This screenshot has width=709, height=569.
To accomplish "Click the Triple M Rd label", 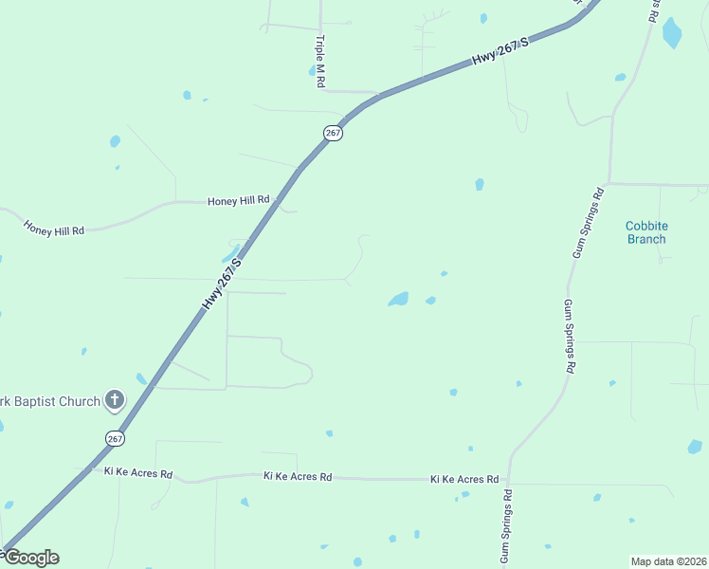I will pyautogui.click(x=320, y=63).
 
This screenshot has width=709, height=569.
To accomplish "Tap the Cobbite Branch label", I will pyautogui.click(x=646, y=232).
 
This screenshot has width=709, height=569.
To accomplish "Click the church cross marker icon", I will pyautogui.click(x=115, y=400).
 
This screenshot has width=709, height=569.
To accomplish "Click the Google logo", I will pyautogui.click(x=30, y=558).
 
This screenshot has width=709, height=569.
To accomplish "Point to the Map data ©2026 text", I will pyautogui.click(x=669, y=561).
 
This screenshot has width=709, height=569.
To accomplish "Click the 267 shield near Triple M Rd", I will pyautogui.click(x=332, y=134).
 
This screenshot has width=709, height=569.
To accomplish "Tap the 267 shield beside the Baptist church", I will pyautogui.click(x=114, y=438).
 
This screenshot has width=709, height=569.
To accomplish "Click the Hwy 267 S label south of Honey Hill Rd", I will pyautogui.click(x=223, y=283).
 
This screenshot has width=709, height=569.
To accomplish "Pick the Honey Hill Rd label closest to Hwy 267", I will pyautogui.click(x=239, y=201).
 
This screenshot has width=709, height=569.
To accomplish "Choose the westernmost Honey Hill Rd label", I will pyautogui.click(x=54, y=229).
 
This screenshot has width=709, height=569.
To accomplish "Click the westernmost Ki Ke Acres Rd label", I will pyautogui.click(x=138, y=472).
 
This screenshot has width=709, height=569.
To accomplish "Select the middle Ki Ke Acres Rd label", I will pyautogui.click(x=298, y=476).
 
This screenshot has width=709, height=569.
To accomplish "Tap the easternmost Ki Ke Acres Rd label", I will pyautogui.click(x=464, y=480).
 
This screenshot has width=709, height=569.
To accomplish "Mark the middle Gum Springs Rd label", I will pyautogui.click(x=569, y=335).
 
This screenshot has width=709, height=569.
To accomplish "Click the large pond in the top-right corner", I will pyautogui.click(x=672, y=33).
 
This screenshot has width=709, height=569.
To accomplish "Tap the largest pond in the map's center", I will pyautogui.click(x=399, y=300).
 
